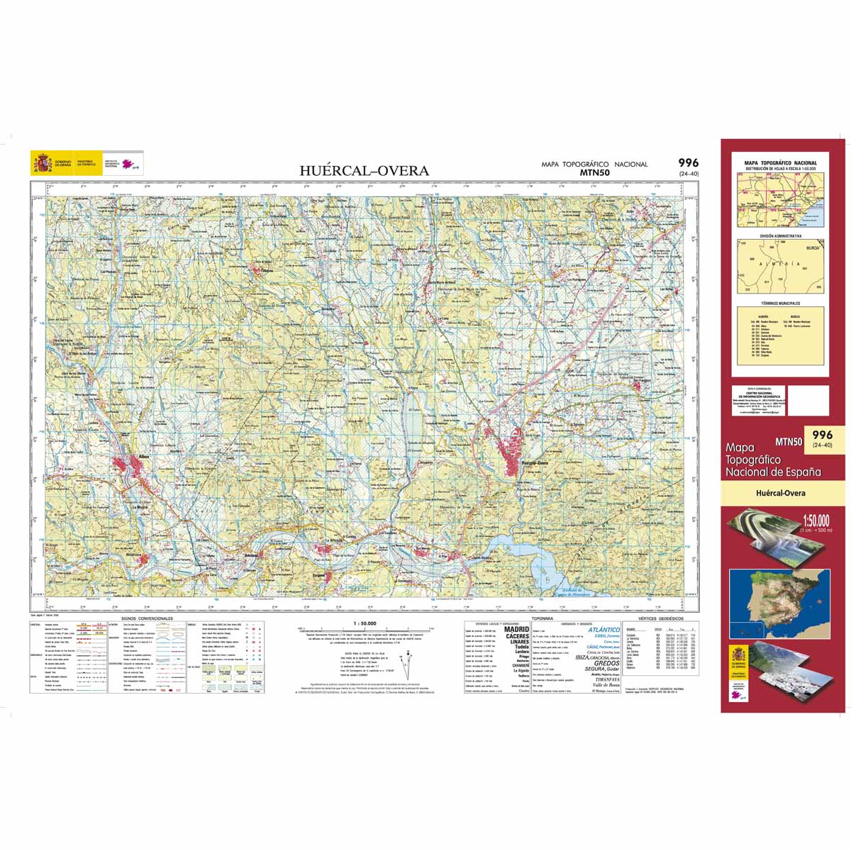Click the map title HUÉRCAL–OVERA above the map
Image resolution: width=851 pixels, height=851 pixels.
point(364,170)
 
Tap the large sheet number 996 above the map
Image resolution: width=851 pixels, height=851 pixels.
point(688,162)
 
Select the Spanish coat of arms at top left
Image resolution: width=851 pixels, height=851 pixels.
point(43,164)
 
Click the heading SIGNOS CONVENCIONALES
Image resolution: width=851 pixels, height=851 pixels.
point(147,618)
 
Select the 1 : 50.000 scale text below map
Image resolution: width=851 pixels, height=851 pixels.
point(364,623)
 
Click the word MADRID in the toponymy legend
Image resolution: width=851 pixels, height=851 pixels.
point(516,629)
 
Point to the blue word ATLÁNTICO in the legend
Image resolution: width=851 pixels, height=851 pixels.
point(604,630)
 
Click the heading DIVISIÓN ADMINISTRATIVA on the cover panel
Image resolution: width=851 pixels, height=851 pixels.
point(781,235)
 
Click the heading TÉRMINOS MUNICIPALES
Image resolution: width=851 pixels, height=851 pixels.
point(781,302)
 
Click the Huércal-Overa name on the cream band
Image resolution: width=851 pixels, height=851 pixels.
point(781,493)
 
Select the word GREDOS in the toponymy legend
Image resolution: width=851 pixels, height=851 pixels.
point(606,663)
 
